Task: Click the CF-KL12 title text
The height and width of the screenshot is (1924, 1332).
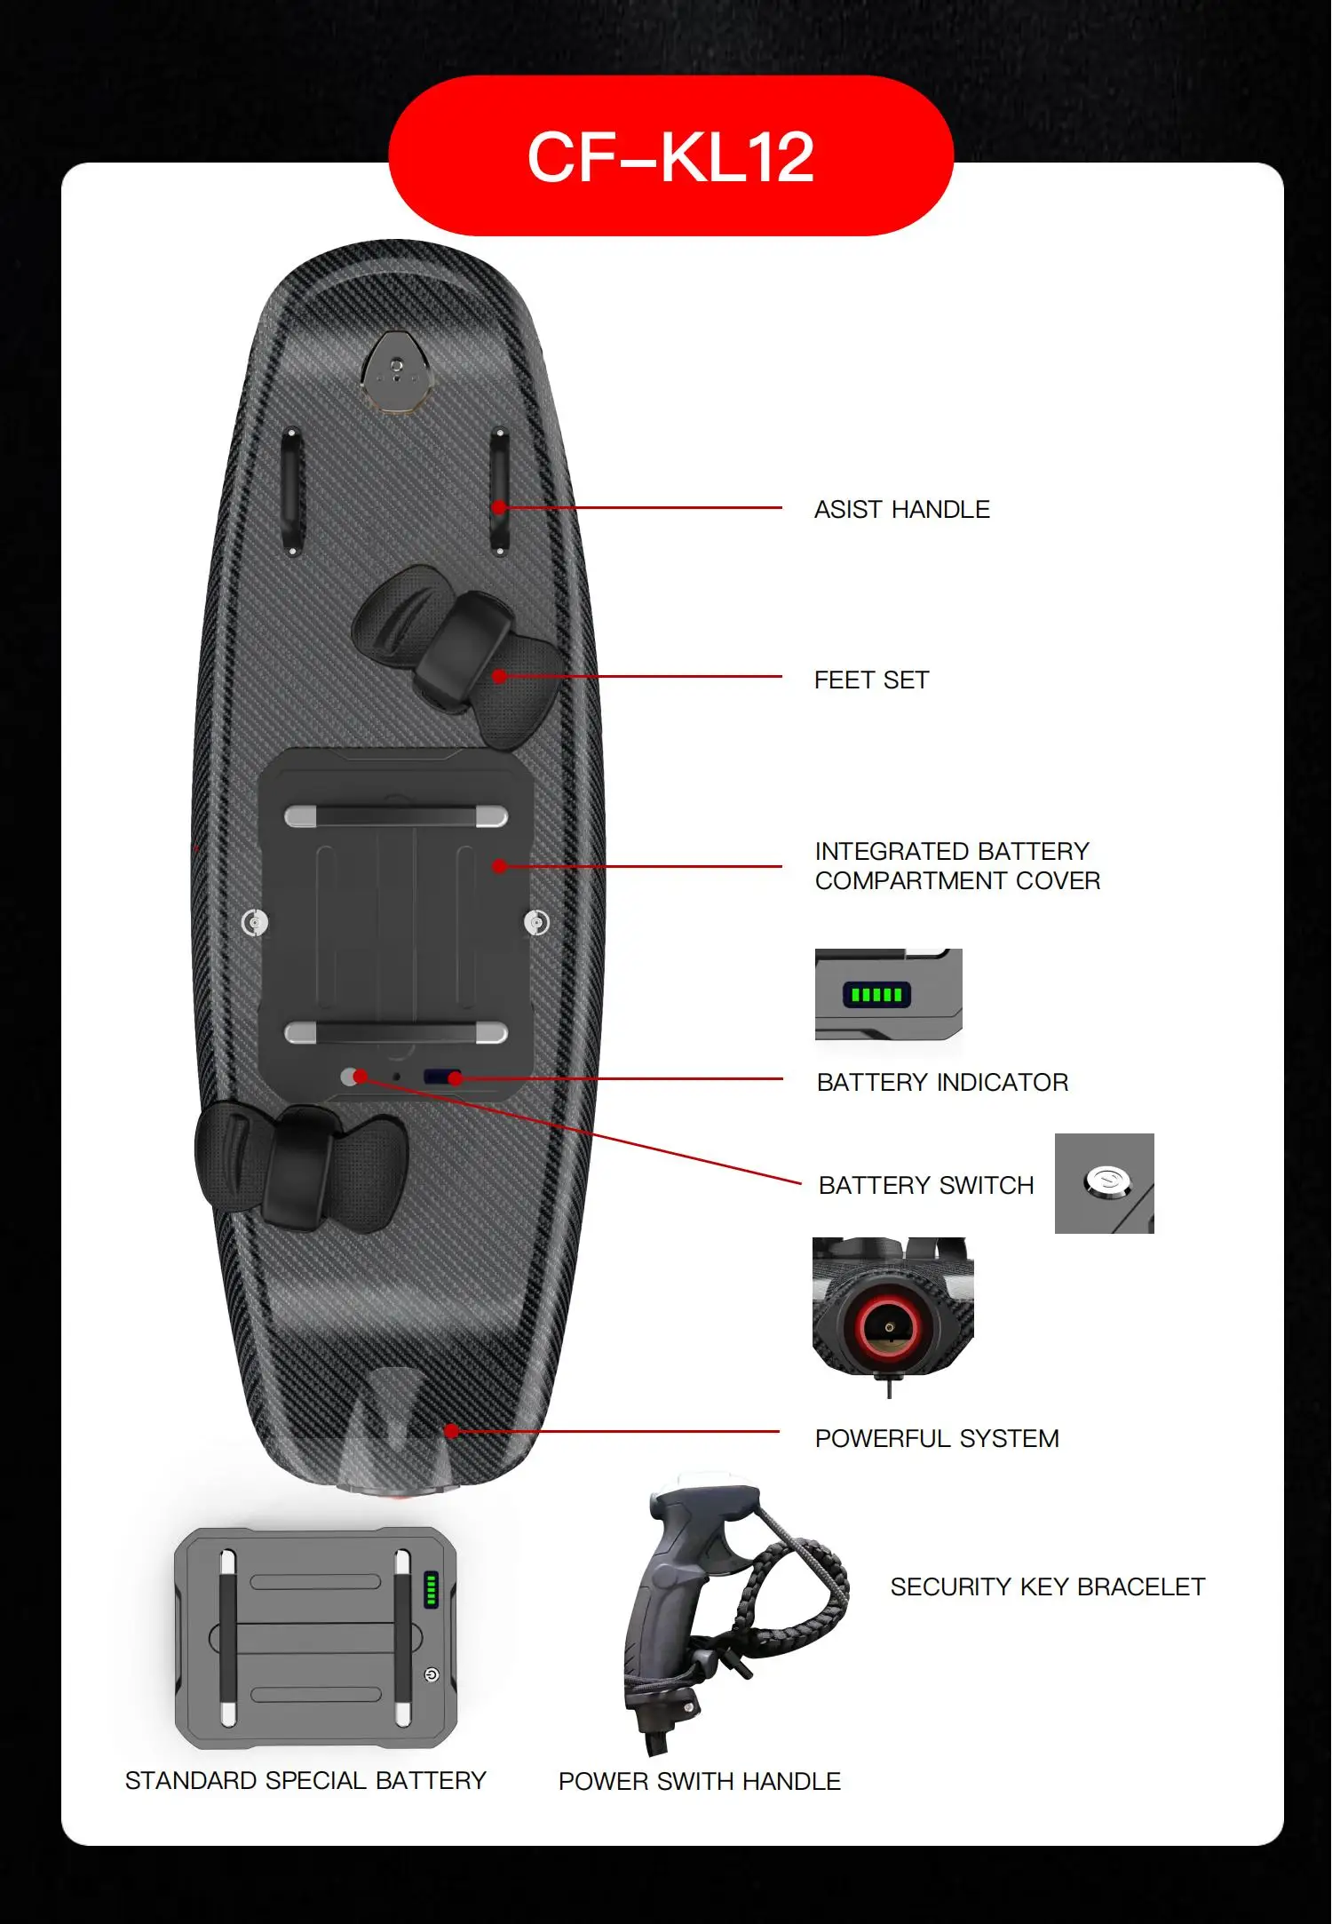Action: tap(670, 157)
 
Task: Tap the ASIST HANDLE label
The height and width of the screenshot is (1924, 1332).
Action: tap(901, 509)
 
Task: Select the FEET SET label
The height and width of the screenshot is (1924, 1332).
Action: tap(871, 680)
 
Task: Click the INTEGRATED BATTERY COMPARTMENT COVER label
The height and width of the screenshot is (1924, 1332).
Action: tap(956, 865)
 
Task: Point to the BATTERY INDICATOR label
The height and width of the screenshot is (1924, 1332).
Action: tap(942, 1082)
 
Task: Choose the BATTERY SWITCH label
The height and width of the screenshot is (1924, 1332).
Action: tap(926, 1185)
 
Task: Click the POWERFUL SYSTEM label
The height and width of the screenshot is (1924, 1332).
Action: tap(937, 1438)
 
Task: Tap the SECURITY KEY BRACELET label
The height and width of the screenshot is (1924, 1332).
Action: tap(1048, 1586)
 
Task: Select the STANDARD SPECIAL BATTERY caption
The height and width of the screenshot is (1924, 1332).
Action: tap(305, 1780)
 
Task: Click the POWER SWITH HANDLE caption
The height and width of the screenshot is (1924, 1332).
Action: tap(699, 1781)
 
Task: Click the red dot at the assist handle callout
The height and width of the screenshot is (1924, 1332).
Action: tap(499, 507)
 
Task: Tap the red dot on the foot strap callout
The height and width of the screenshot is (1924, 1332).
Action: tap(499, 676)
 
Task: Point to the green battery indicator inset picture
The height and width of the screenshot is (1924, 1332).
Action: tap(888, 994)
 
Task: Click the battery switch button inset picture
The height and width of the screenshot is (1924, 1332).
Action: tap(1104, 1183)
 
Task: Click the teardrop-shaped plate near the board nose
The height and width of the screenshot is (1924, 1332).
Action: tap(397, 370)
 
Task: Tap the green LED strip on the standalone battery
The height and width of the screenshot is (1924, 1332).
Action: tap(431, 1589)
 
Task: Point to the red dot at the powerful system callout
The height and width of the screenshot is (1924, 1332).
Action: tap(452, 1431)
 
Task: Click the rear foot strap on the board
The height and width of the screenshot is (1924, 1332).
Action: tap(302, 1164)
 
